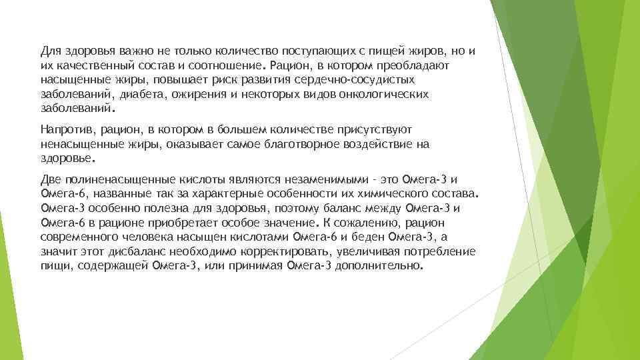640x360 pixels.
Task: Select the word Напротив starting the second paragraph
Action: (64, 129)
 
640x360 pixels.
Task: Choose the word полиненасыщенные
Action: (119, 179)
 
